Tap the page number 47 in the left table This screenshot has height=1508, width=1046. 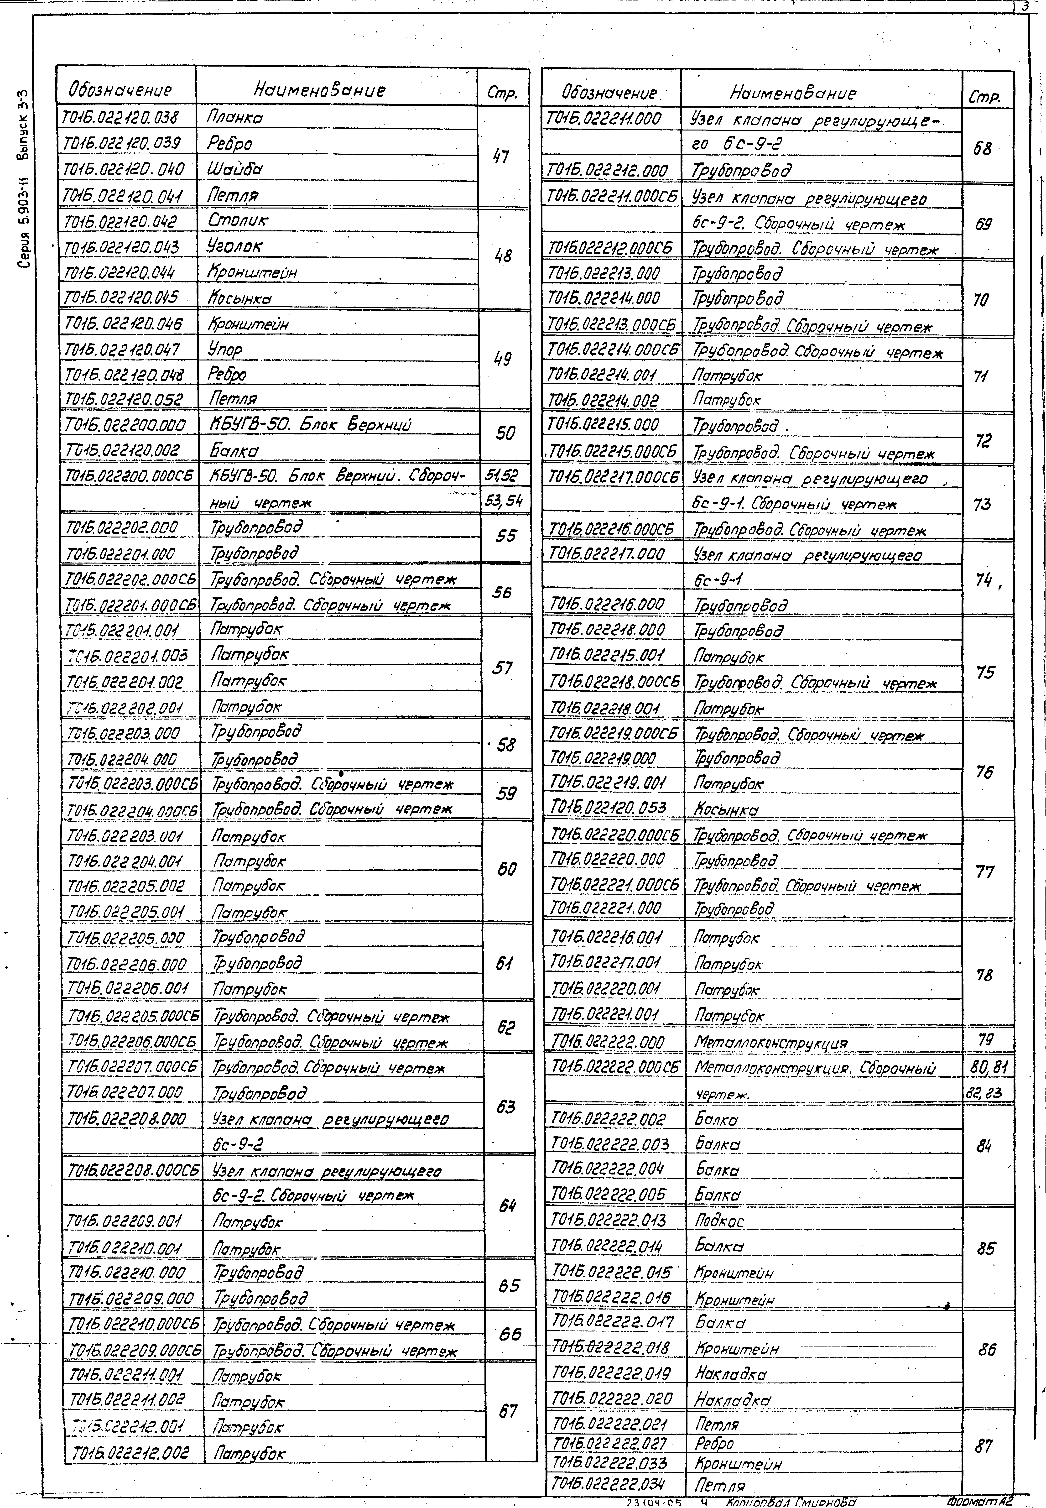click(501, 157)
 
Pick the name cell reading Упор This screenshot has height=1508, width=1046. click(225, 349)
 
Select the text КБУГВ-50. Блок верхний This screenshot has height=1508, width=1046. click(309, 425)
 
